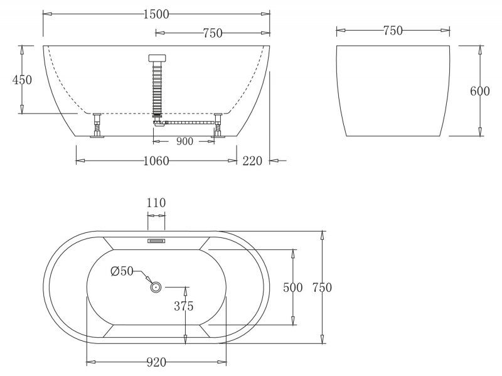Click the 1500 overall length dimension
(x=156, y=14)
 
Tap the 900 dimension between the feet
(x=184, y=141)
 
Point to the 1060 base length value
(x=156, y=161)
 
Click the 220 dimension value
(x=252, y=161)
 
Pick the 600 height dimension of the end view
(x=479, y=91)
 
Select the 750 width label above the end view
(x=392, y=30)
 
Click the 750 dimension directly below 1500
(x=213, y=33)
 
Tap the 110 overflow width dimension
(x=156, y=203)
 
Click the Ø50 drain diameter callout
(x=122, y=271)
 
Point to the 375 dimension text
(x=183, y=306)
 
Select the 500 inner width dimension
(x=293, y=287)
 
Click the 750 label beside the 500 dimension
(x=322, y=287)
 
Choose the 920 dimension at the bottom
(x=156, y=362)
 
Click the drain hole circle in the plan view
(x=156, y=287)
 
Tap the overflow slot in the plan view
(x=156, y=240)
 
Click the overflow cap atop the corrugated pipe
(x=157, y=58)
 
